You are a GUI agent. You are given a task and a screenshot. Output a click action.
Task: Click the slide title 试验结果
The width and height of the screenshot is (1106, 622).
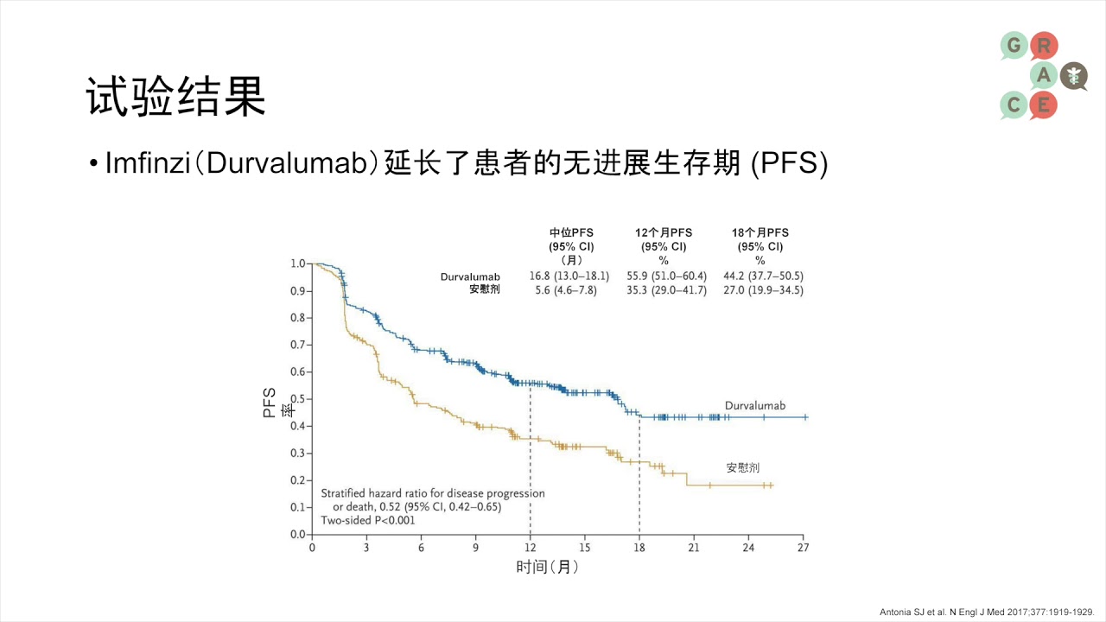tap(175, 97)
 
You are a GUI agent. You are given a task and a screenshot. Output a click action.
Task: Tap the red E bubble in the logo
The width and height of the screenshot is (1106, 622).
tap(1043, 105)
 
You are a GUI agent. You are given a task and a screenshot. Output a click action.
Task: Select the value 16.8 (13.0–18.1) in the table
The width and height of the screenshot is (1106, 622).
tap(569, 276)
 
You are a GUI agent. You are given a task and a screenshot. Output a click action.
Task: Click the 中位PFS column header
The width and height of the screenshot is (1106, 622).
tap(571, 233)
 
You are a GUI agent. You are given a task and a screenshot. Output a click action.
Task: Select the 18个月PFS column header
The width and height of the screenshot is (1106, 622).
tap(760, 233)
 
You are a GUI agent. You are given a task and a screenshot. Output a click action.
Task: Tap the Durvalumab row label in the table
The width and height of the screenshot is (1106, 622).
tap(470, 277)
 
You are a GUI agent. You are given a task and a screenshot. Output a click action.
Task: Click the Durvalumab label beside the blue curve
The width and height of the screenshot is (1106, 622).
tap(754, 406)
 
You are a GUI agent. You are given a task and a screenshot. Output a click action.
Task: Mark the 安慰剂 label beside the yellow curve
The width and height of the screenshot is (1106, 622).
tap(742, 467)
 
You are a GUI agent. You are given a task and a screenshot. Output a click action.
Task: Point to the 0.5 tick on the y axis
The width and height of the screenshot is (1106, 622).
tap(299, 399)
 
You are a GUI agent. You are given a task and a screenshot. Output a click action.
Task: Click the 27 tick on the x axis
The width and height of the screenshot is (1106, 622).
tap(803, 548)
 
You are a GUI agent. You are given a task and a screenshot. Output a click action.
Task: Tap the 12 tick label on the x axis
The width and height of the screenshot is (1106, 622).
tap(530, 548)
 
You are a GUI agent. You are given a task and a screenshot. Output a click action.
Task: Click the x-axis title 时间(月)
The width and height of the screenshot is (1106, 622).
tap(547, 568)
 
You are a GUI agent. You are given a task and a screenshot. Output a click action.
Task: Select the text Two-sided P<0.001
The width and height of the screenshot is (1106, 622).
tap(368, 520)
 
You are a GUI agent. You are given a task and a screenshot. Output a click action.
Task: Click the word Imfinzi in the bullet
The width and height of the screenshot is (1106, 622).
tap(147, 163)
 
